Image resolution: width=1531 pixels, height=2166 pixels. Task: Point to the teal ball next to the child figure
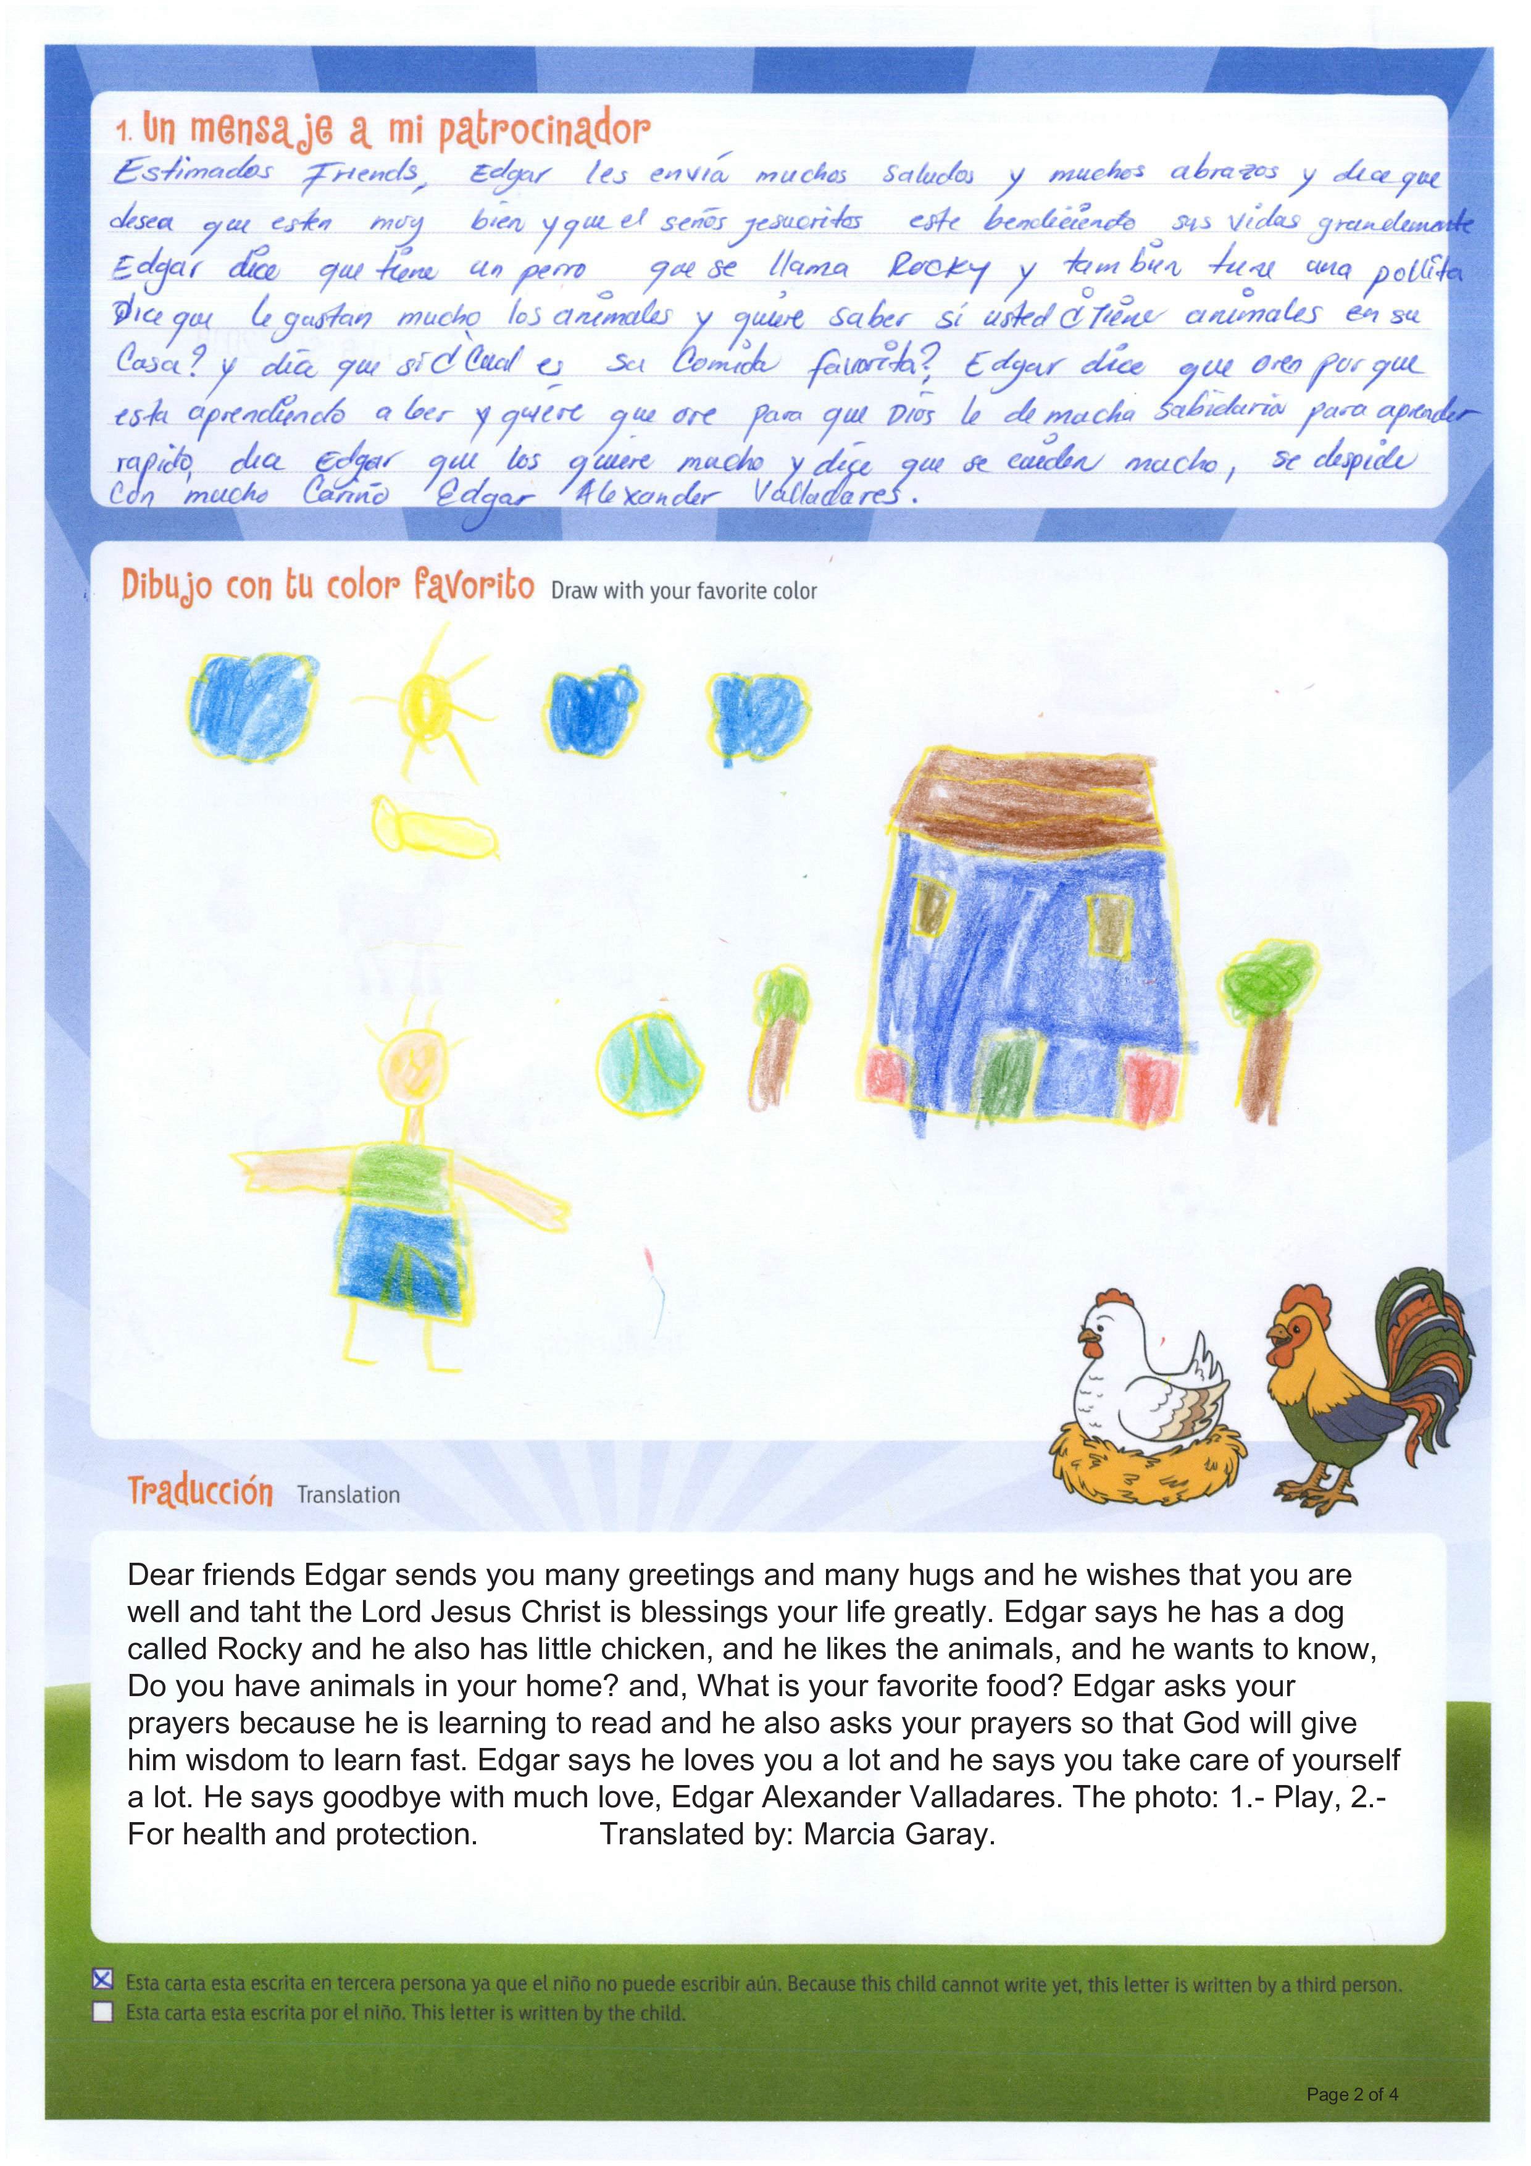[x=651, y=1063]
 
